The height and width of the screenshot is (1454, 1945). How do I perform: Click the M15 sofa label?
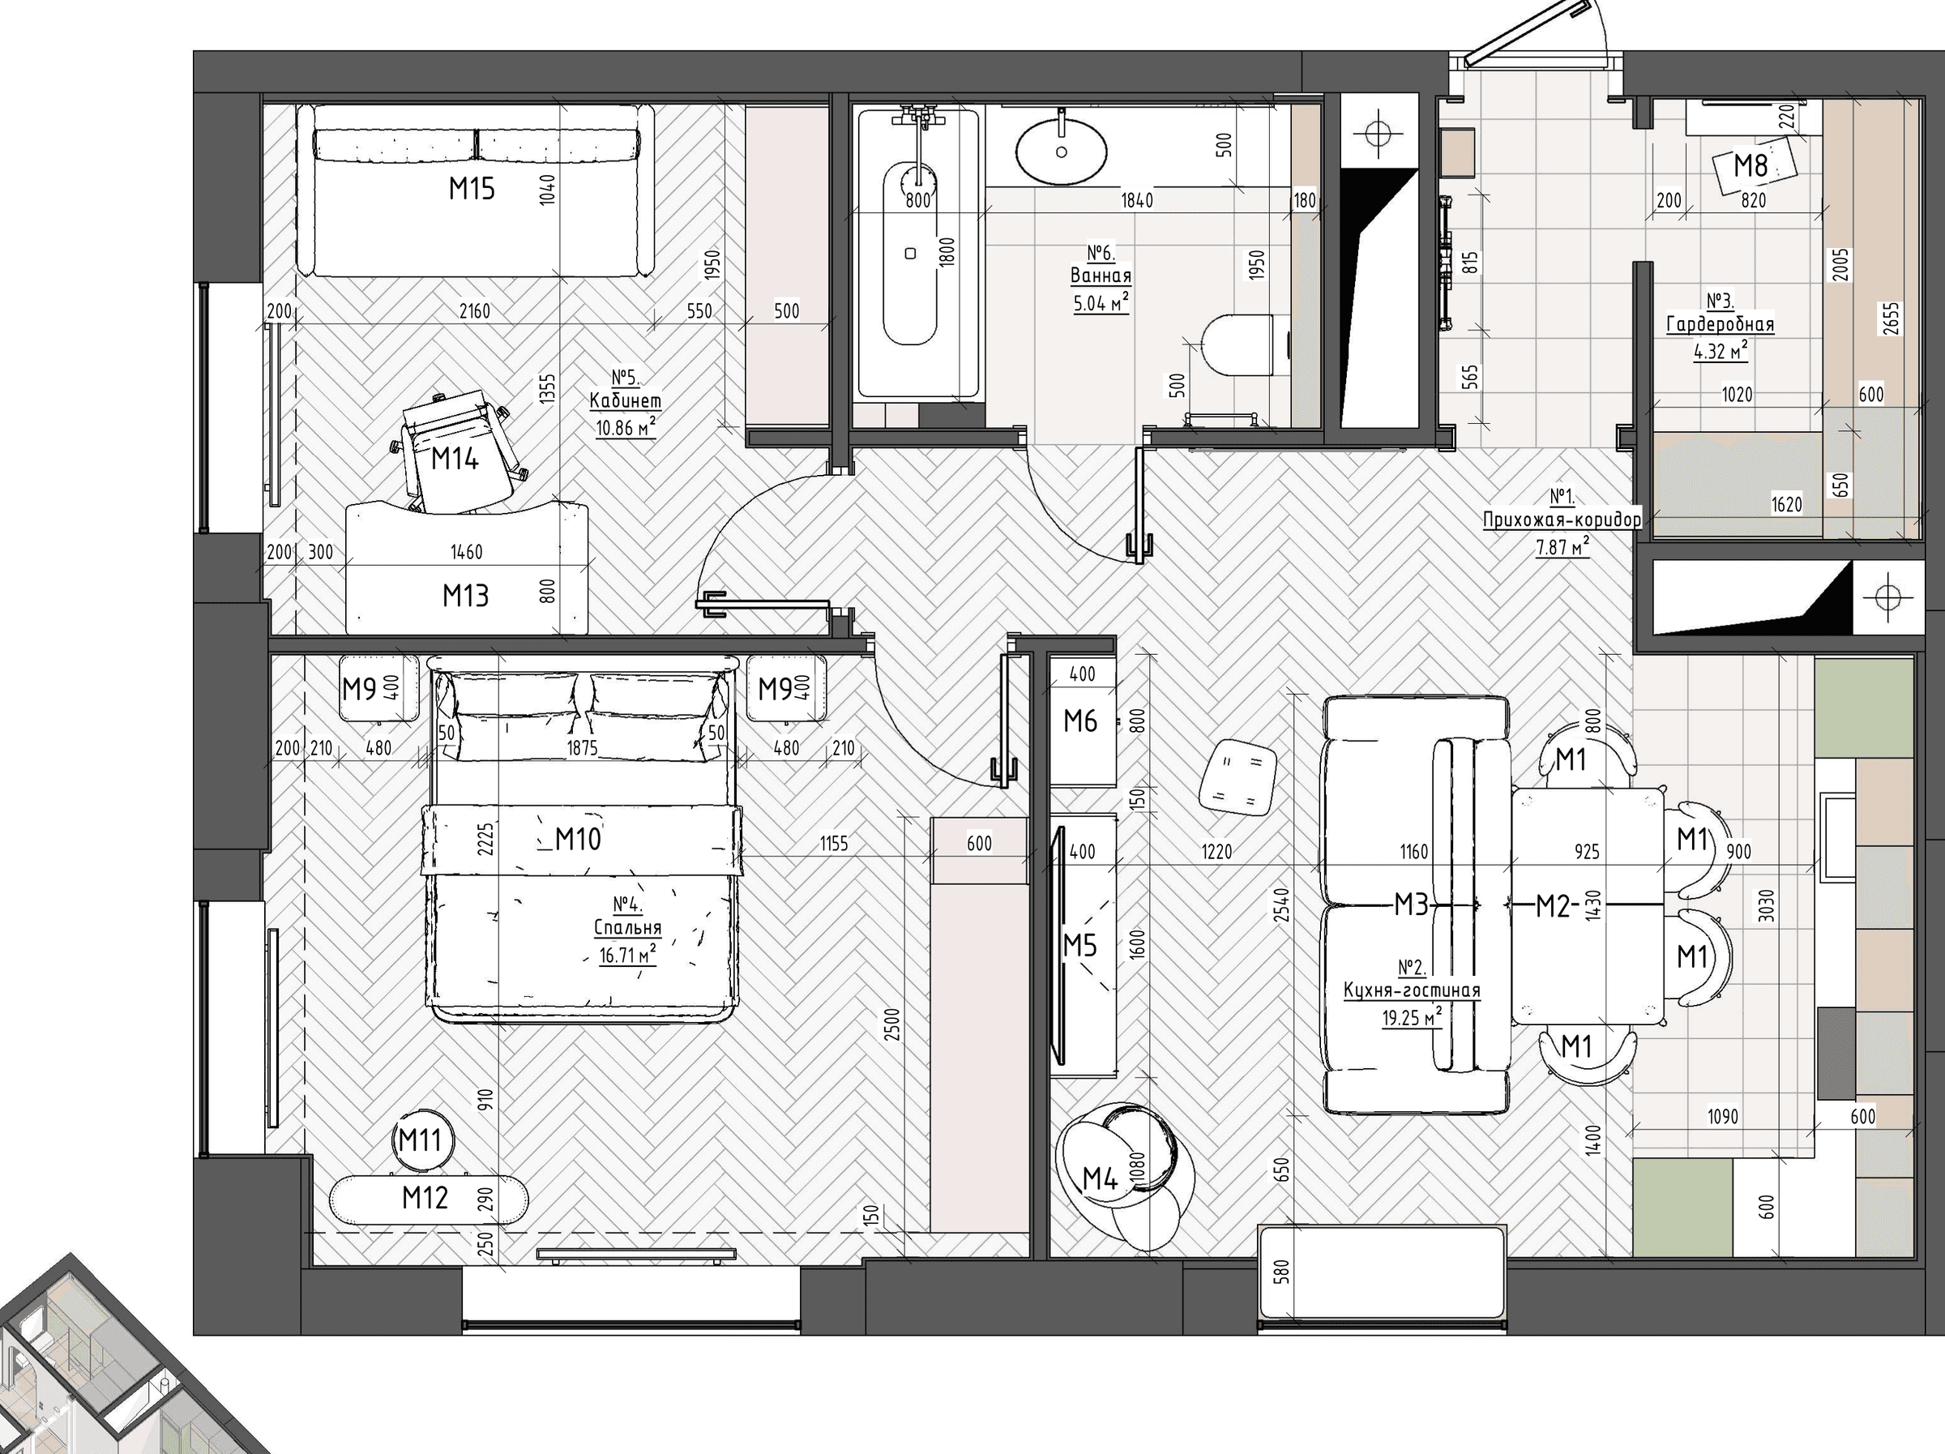point(472,188)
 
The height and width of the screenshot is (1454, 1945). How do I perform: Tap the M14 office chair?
point(456,451)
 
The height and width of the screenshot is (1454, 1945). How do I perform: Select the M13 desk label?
point(465,596)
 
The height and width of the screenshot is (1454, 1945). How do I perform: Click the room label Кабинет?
point(625,401)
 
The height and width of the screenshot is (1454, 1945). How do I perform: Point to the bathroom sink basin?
point(1062,152)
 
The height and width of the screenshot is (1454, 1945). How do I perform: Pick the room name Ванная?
point(1101,276)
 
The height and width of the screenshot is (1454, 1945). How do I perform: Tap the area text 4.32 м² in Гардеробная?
point(1721,351)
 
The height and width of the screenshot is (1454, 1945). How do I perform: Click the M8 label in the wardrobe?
point(1750,165)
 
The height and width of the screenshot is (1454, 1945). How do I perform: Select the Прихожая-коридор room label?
point(1562,520)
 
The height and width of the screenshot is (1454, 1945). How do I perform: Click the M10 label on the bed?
point(578,839)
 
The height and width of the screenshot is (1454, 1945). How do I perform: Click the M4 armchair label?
point(1099,1178)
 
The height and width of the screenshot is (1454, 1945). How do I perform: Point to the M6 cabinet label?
point(1079,721)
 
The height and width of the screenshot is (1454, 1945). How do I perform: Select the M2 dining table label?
point(1553,905)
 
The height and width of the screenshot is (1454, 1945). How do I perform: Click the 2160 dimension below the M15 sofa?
point(475,311)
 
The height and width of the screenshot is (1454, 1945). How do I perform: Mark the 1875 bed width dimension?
point(582,748)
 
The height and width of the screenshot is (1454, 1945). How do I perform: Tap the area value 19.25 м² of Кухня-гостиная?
point(1412,1018)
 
